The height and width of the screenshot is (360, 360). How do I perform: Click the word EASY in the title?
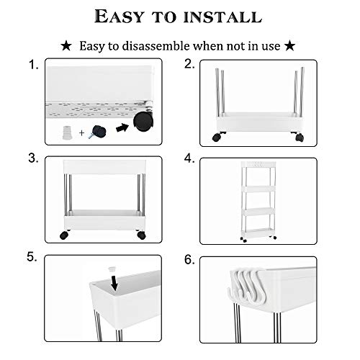[x=119, y=17]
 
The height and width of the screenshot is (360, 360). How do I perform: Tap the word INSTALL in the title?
[x=222, y=17]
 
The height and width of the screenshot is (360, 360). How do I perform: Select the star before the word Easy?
[x=66, y=46]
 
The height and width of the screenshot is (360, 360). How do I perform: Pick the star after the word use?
[x=289, y=45]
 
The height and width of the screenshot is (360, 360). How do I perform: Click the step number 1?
[x=34, y=65]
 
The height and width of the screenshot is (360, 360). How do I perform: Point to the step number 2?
[x=189, y=64]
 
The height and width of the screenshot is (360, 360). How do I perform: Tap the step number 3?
[x=33, y=158]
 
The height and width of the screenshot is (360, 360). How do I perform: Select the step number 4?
[x=189, y=158]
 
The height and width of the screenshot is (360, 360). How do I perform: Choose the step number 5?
[x=32, y=257]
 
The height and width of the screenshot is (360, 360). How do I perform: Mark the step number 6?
[x=189, y=259]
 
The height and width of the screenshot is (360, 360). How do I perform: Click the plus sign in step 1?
[x=82, y=132]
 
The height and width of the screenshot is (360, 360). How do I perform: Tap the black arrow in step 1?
[x=122, y=127]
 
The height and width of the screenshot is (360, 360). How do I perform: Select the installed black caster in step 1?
[x=143, y=122]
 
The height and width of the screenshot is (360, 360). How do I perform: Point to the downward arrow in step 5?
[x=114, y=283]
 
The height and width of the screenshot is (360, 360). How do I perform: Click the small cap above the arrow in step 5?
[x=112, y=269]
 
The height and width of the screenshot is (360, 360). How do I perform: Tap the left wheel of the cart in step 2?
[x=217, y=137]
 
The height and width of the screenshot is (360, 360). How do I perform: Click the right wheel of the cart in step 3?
[x=142, y=235]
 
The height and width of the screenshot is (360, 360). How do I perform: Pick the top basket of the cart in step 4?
[x=259, y=165]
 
